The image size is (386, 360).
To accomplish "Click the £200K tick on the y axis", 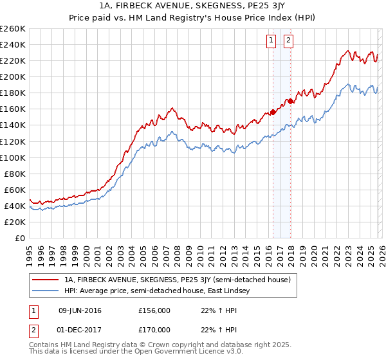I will click(13, 76).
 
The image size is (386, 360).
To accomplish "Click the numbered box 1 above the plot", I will click(271, 40).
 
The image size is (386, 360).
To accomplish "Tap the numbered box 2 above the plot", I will click(288, 40).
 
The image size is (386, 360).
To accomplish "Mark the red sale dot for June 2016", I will click(273, 112).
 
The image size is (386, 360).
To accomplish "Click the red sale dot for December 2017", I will click(290, 101).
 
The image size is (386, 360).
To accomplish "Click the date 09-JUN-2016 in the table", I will click(80, 310).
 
